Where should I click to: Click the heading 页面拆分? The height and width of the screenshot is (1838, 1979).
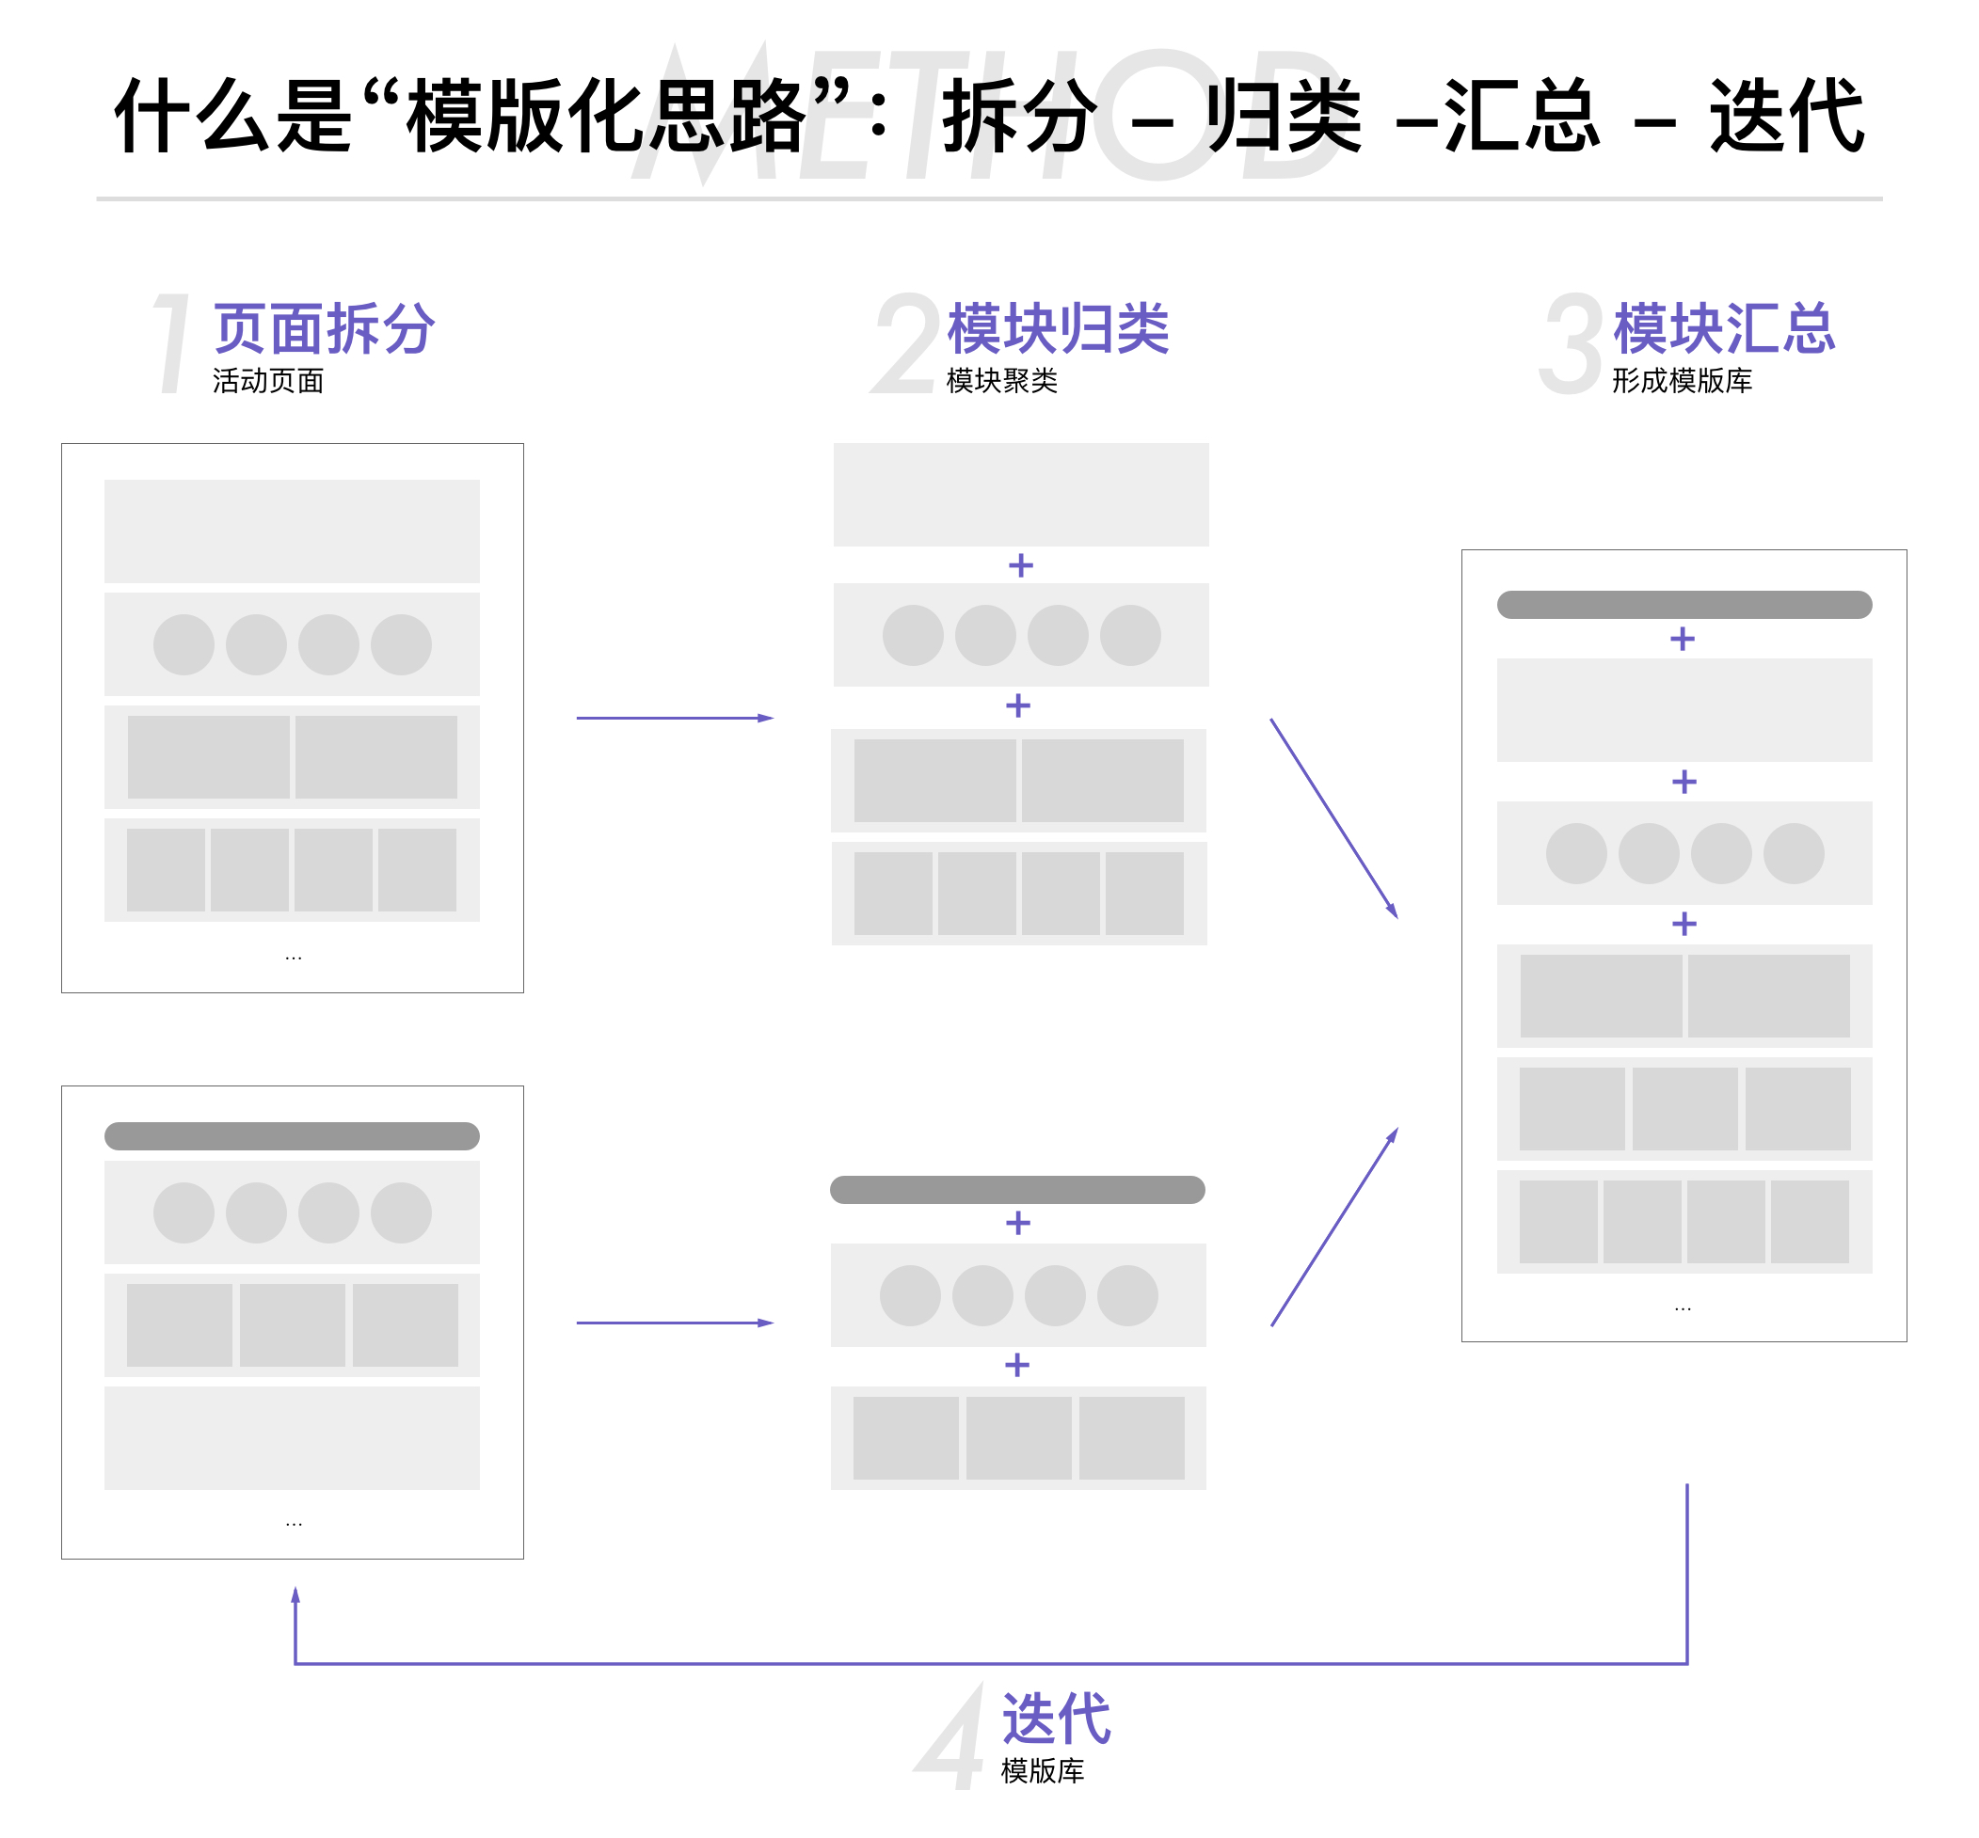tap(324, 329)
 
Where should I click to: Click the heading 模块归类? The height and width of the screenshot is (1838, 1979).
tap(1057, 329)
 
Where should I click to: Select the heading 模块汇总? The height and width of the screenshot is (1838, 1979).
tap(1722, 329)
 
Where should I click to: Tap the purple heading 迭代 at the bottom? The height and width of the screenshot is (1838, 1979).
tap(1055, 1719)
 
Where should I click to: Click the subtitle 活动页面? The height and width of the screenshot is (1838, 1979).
tap(267, 381)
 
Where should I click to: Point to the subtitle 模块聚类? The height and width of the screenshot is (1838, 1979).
tap(1001, 381)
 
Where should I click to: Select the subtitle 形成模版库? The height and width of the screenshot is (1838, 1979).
tap(1681, 381)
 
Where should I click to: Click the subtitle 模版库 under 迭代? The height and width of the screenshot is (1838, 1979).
tap(1042, 1770)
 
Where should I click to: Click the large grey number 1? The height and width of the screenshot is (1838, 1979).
tap(173, 343)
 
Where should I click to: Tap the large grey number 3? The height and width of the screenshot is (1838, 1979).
tap(1570, 343)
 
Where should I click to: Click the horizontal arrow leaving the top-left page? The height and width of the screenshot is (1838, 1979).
tap(674, 718)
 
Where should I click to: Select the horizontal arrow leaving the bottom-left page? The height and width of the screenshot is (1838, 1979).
tap(674, 1323)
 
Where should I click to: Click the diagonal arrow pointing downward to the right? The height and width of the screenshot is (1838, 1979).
tap(1333, 817)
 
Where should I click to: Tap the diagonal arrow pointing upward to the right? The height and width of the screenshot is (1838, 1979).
tap(1333, 1228)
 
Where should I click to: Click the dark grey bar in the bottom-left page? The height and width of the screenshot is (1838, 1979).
tap(292, 1136)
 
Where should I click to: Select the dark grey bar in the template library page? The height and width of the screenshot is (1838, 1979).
tap(1684, 605)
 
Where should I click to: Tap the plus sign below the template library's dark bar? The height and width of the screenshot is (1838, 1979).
tap(1682, 639)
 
